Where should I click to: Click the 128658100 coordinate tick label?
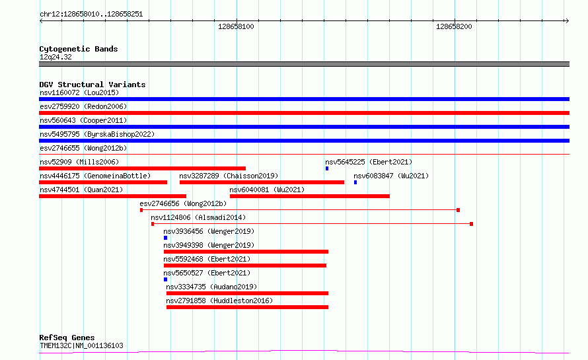tap(236, 26)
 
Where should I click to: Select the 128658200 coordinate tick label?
tap(454, 26)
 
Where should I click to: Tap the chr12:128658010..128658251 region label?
tap(91, 15)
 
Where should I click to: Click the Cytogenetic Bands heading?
tap(79, 49)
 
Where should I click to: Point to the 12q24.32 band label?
tap(55, 57)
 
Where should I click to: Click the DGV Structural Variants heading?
tap(92, 85)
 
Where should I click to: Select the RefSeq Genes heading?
tap(67, 338)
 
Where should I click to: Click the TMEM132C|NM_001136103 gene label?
tap(81, 345)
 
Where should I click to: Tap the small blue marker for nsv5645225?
tap(327, 168)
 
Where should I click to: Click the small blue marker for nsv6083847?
tap(355, 182)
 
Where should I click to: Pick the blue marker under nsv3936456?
tap(165, 238)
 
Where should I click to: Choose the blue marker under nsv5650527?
tap(165, 280)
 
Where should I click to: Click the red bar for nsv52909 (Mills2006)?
tap(143, 168)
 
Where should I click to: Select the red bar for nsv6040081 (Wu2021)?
tap(310, 196)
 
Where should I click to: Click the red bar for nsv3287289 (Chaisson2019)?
tap(262, 182)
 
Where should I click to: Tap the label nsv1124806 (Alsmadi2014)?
tap(198, 217)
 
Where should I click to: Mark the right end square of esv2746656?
tap(458, 210)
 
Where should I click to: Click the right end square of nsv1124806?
tap(471, 224)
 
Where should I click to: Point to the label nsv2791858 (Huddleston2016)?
tap(219, 301)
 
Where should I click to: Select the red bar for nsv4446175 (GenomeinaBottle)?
tap(103, 182)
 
